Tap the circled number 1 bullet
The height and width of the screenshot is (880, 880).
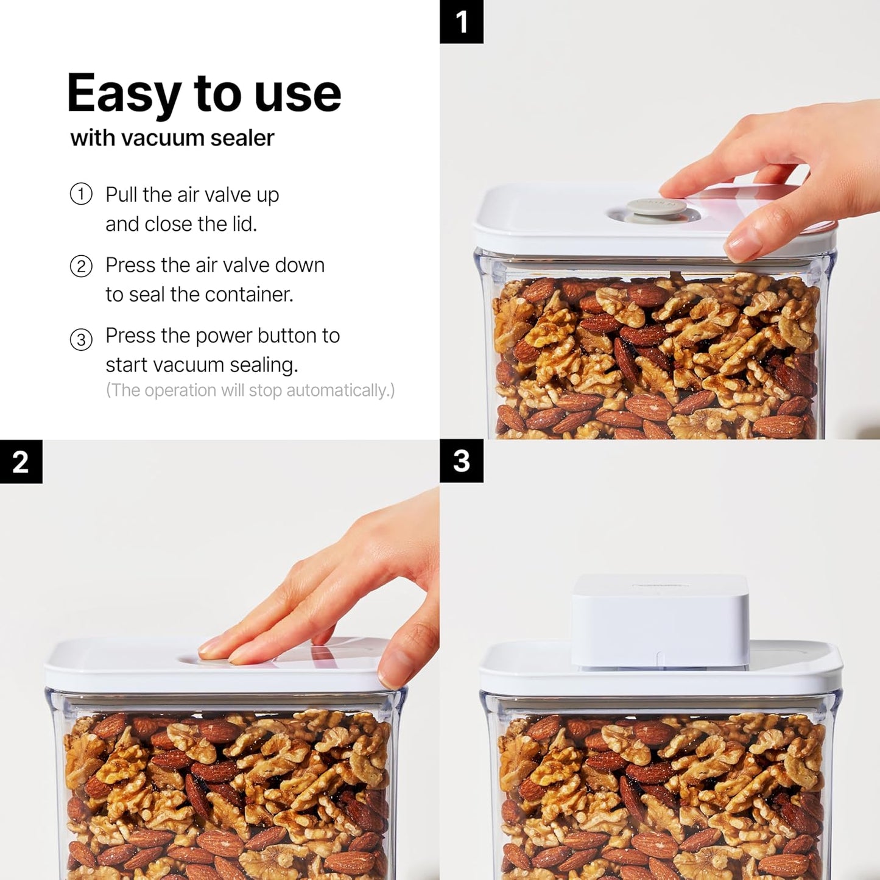81,194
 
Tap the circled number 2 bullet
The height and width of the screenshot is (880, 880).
81,266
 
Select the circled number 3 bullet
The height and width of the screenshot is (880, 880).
81,339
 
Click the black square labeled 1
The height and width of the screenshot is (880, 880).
461,22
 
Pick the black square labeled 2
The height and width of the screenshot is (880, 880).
21,462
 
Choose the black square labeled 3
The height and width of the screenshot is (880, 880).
461,461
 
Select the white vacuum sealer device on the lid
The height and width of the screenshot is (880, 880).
660,621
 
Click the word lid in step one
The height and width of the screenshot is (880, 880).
242,224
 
